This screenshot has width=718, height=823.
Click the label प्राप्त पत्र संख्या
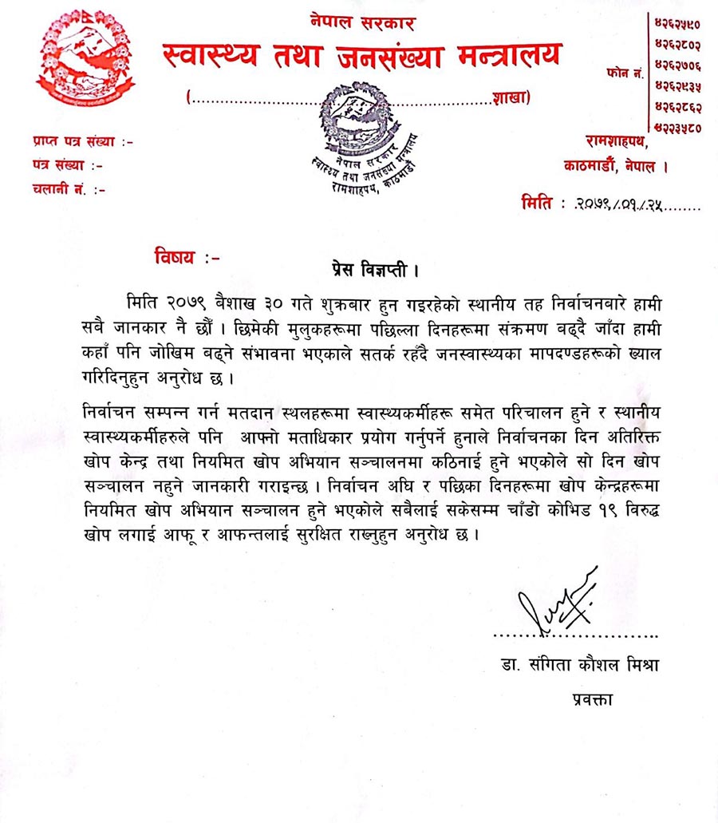(81, 142)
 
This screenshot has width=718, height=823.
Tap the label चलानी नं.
(69, 190)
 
